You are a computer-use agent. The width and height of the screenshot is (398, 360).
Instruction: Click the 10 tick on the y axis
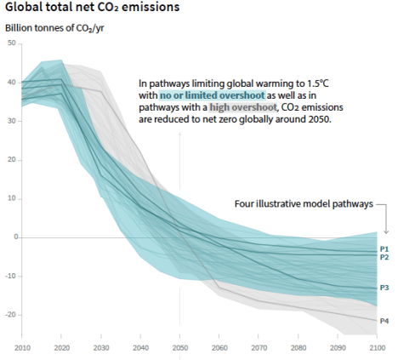pyautogui.click(x=13, y=198)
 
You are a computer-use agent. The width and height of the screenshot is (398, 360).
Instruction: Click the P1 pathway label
pyautogui.click(x=384, y=248)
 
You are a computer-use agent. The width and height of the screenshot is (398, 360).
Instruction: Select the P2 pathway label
pyautogui.click(x=384, y=257)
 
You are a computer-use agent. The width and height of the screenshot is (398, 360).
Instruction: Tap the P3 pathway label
pyautogui.click(x=384, y=289)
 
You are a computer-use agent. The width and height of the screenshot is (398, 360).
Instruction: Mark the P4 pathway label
pyautogui.click(x=384, y=321)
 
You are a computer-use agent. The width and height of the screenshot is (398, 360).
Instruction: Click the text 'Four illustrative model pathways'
pyautogui.click(x=303, y=203)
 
